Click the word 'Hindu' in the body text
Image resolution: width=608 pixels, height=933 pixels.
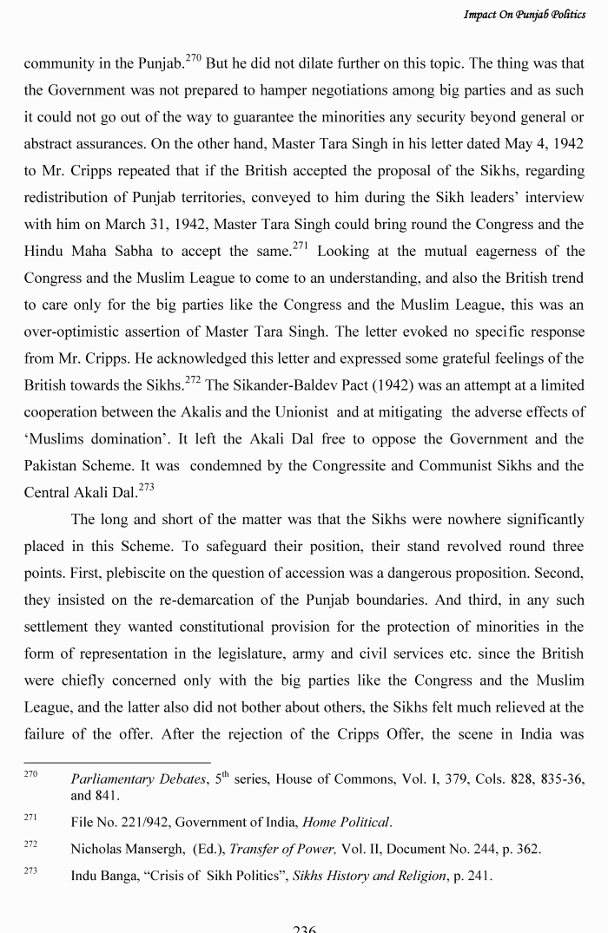coord(43,252)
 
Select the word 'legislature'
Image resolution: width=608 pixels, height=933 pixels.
coord(327,654)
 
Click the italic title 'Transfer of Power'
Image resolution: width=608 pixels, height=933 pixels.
coord(287,850)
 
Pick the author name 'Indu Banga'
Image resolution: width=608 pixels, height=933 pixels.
coord(106,877)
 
